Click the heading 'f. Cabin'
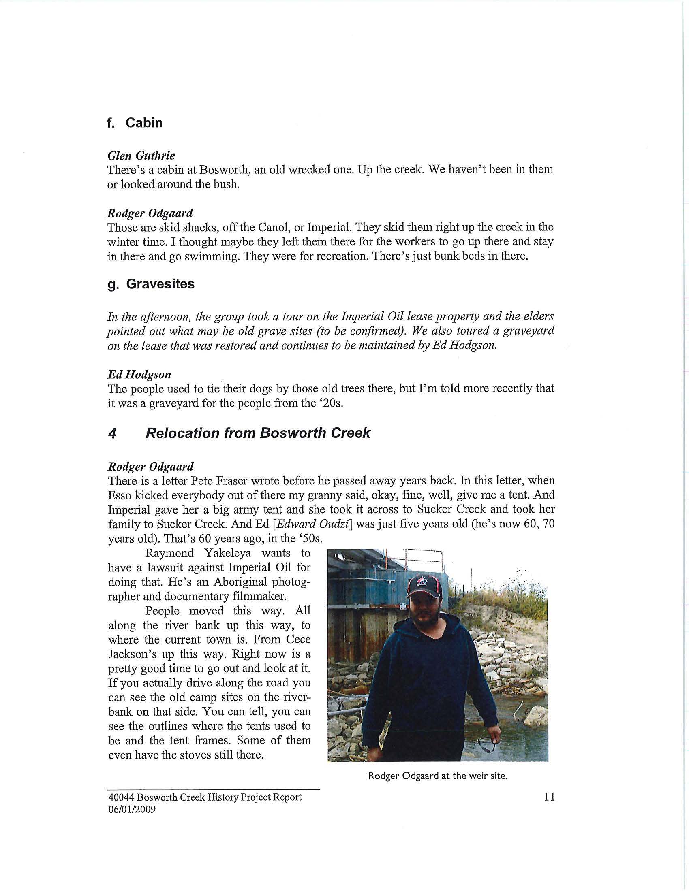pos(135,123)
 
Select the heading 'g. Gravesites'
pos(151,284)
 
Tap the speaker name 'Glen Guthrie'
pos(141,156)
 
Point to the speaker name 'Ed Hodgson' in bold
pos(139,374)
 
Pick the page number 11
pos(550,797)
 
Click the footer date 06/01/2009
pos(131,810)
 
